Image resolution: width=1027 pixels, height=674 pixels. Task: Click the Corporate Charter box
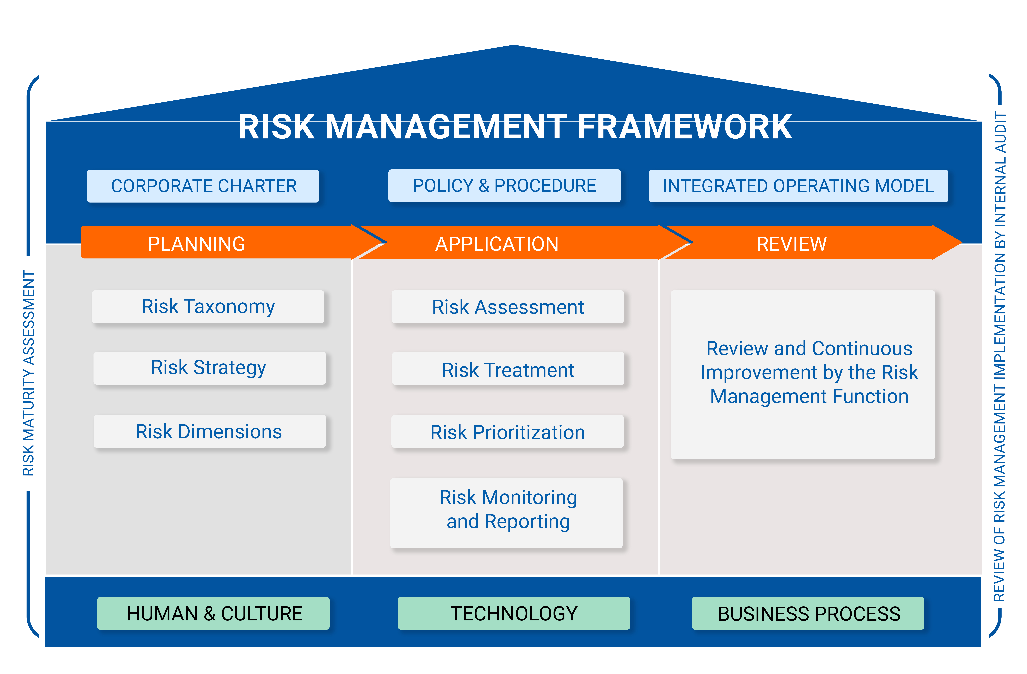coord(203,186)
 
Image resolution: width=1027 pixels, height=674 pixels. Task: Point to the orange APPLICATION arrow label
coord(497,244)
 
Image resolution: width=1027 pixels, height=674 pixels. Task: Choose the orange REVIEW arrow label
coord(791,244)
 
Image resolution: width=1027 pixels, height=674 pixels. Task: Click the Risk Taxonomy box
coord(208,307)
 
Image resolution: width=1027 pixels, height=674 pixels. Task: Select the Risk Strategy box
coord(209,368)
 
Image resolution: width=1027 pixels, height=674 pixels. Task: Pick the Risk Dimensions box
coord(209,431)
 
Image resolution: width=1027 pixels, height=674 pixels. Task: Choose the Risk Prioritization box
coord(508,432)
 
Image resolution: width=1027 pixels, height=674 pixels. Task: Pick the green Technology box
coord(513,613)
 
